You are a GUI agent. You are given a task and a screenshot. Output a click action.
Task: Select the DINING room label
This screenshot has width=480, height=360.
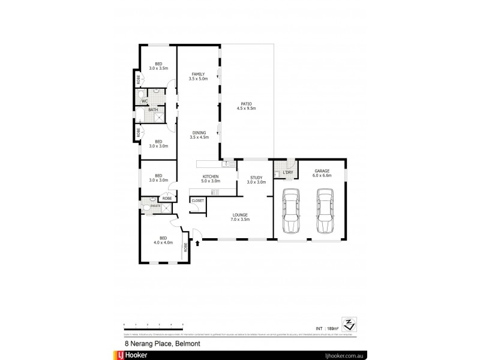200,133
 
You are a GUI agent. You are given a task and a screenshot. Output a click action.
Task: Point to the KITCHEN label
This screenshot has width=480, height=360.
210,176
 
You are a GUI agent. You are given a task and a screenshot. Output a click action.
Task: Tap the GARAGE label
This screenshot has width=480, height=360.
322,171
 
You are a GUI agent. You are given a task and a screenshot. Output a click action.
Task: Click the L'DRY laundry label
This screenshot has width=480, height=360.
288,173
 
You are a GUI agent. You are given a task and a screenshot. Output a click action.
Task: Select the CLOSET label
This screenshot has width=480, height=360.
198,200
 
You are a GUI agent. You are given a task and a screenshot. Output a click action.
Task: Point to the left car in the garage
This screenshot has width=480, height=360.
290,211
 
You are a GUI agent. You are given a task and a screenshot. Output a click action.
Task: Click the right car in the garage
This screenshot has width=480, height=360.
325,211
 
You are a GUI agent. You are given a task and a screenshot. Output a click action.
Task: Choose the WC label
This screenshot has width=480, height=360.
145,101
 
